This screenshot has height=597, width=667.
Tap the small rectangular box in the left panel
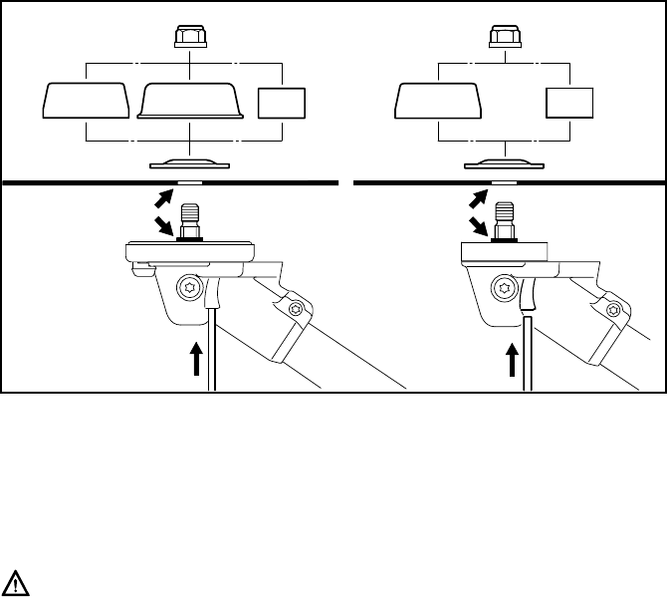point(282,104)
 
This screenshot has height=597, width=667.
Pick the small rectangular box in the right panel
point(569,104)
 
